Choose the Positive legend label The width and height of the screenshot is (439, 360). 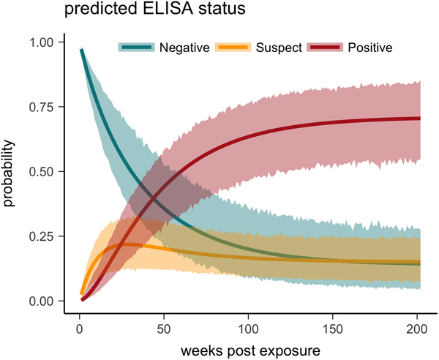[x=370, y=48]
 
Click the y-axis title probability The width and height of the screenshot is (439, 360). [x=10, y=172]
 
